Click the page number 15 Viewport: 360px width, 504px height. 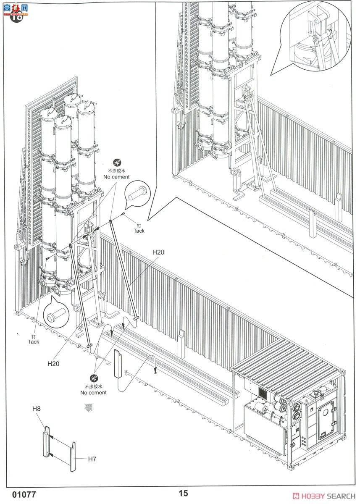[183, 493]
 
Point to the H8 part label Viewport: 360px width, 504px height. [37, 408]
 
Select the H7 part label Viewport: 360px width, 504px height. [92, 459]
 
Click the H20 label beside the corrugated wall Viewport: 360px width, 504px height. [158, 252]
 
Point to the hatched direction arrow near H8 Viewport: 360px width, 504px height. [89, 406]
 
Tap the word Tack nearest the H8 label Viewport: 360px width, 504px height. [34, 341]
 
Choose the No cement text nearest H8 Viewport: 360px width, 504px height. [94, 392]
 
